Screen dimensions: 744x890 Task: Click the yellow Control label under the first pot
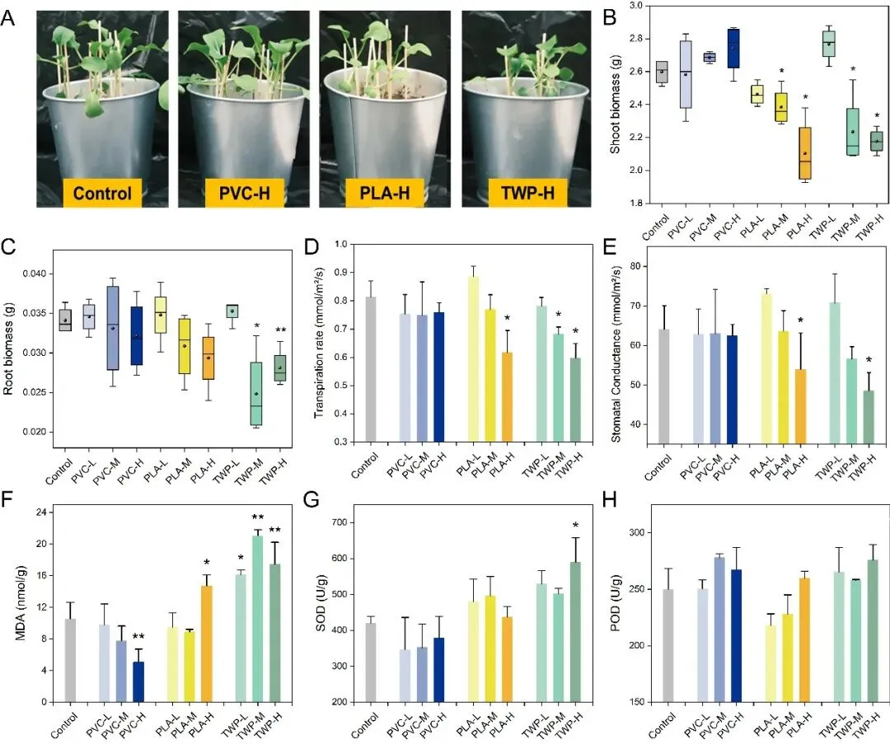pos(101,194)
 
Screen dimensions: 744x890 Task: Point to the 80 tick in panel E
pos(632,266)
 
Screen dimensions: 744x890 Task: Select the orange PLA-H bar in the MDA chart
pos(206,643)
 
